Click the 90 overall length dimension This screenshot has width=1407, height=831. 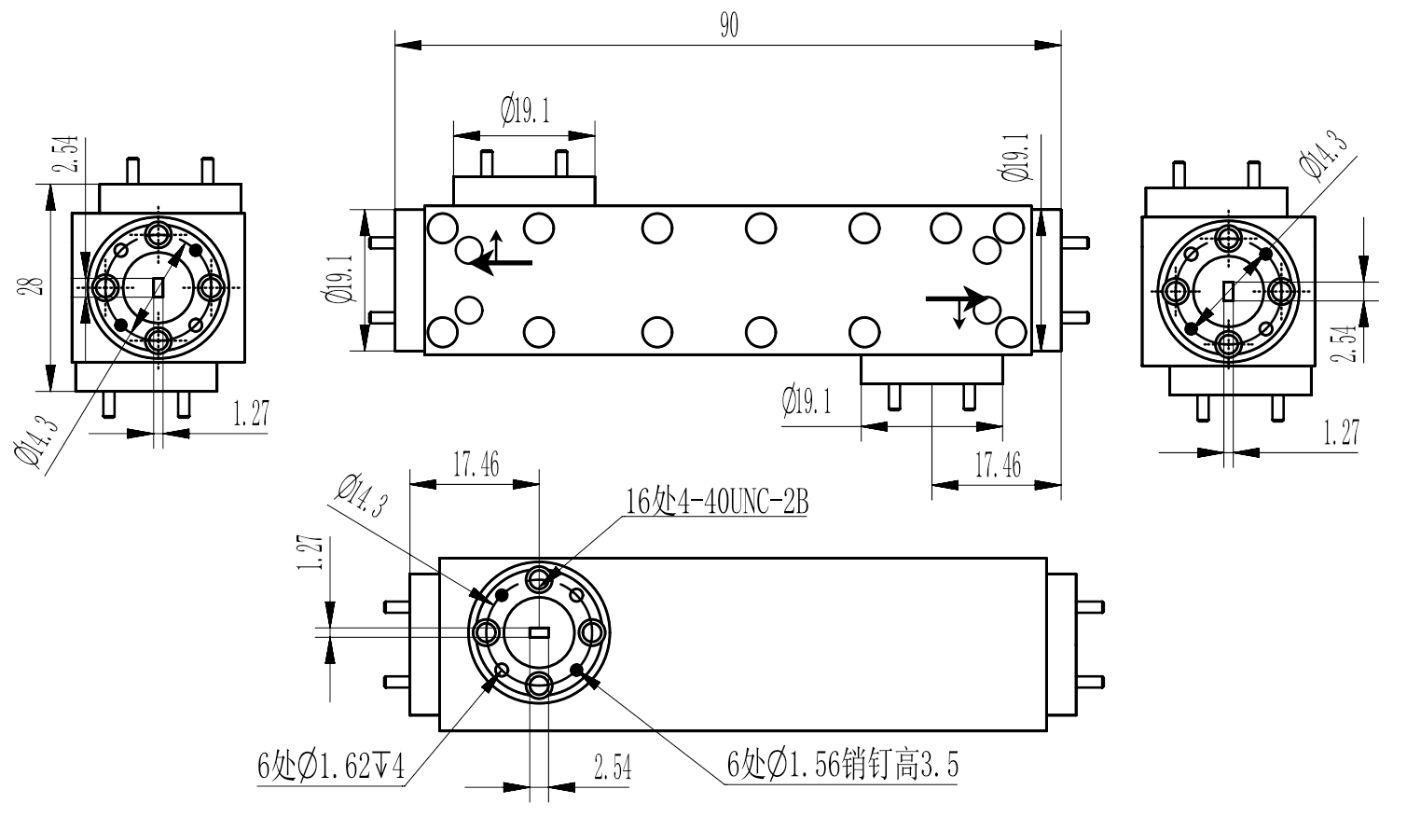(728, 27)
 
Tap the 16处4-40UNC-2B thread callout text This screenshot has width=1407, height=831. (716, 502)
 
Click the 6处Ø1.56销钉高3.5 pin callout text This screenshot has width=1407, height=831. (843, 766)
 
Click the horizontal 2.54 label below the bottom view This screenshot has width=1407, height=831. (612, 769)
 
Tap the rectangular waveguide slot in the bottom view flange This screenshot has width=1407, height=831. (539, 632)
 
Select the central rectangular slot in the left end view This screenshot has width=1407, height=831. (158, 287)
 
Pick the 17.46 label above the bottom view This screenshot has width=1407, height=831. (476, 464)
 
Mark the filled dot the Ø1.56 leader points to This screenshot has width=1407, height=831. (576, 671)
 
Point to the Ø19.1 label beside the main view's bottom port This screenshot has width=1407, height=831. (807, 403)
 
